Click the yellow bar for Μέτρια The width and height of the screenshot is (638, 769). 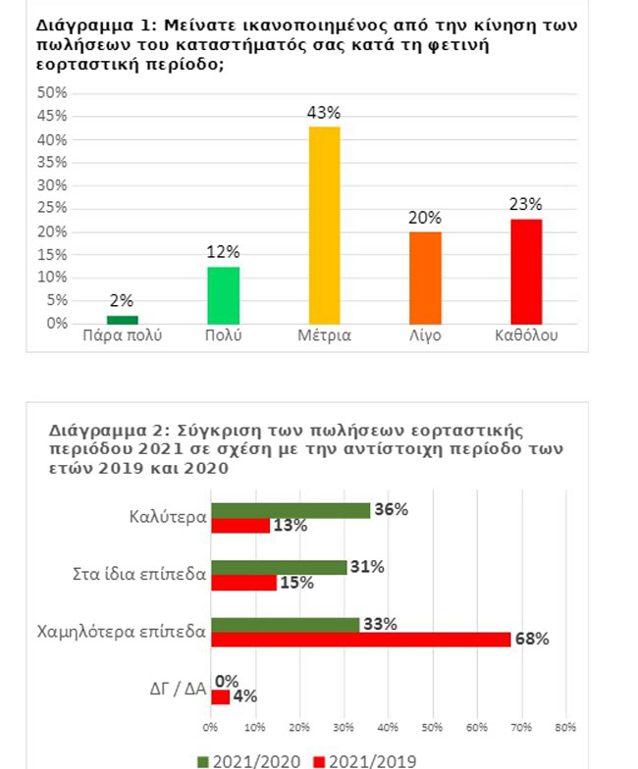point(324,225)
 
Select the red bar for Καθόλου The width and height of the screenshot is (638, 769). point(526,271)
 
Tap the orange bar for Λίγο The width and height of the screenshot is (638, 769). point(425,278)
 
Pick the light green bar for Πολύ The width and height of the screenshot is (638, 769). point(223,295)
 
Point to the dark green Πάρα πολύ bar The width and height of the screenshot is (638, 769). point(122,319)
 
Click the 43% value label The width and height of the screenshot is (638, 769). point(324,114)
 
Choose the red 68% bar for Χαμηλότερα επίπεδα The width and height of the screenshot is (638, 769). point(360,640)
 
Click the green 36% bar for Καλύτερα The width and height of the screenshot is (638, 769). point(291,510)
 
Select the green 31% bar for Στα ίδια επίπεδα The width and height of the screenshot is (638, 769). point(279,567)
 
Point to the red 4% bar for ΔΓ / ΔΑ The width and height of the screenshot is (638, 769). point(220,696)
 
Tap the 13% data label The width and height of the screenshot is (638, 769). point(292,526)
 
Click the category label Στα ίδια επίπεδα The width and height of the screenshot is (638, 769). point(141,574)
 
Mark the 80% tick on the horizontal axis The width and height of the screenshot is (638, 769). point(564,728)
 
